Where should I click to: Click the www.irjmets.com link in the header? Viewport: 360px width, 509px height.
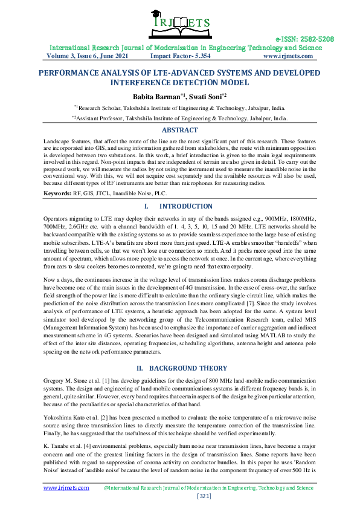pos(288,56)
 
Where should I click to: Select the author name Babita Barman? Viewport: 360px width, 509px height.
pos(159,96)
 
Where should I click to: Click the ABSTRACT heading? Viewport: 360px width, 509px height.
pos(179,130)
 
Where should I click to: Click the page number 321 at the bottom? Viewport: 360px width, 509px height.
pos(179,496)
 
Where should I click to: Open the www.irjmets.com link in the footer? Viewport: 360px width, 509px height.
pos(66,487)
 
